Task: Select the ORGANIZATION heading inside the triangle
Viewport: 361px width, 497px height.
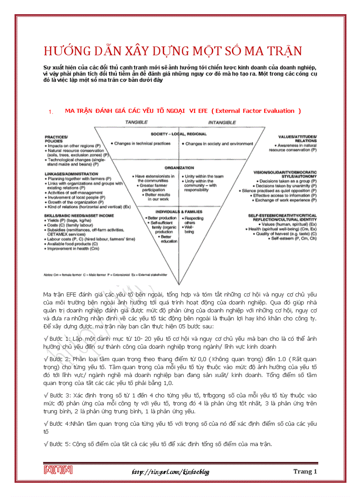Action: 179,168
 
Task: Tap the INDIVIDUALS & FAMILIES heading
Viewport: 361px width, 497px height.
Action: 179,212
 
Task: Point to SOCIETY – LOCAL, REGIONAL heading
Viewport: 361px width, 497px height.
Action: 179,134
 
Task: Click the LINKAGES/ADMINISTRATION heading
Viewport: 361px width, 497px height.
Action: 71,174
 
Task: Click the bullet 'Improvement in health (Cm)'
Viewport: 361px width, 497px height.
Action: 73,248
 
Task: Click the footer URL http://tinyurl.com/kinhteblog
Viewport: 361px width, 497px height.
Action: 170,471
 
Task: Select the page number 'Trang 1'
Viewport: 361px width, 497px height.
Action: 305,471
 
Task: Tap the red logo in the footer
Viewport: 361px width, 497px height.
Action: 58,470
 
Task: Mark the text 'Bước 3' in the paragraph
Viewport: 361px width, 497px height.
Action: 55,394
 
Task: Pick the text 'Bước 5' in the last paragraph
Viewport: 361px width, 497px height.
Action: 55,443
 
